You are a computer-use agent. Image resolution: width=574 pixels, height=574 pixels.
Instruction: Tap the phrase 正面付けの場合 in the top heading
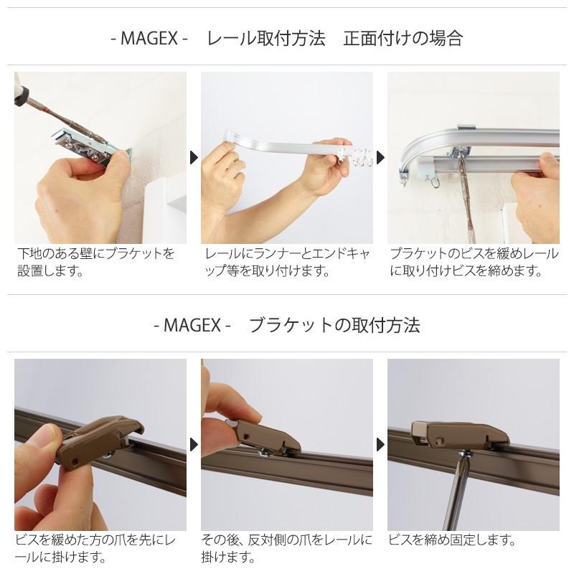(x=403, y=38)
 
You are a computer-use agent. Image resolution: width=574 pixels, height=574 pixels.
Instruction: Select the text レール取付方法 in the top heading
(x=265, y=38)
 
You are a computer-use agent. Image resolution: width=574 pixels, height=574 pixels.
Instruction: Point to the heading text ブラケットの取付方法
(x=334, y=325)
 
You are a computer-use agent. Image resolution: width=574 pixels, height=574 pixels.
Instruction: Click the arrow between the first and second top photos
(x=194, y=158)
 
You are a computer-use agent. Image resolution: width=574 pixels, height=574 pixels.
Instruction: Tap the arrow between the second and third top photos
(x=380, y=158)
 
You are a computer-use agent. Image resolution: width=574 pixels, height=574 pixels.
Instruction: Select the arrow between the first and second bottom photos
(x=194, y=445)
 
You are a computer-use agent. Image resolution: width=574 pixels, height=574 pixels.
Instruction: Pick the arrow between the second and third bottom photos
(x=380, y=445)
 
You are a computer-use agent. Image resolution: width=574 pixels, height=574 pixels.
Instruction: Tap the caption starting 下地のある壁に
(x=96, y=262)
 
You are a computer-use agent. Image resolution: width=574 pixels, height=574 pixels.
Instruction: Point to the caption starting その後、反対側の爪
(x=287, y=548)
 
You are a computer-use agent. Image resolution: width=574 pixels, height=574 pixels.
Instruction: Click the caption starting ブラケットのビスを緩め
(x=474, y=262)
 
